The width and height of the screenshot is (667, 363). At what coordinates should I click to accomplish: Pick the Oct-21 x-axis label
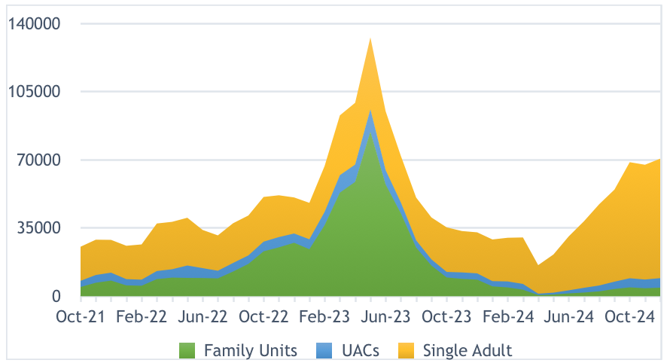80,316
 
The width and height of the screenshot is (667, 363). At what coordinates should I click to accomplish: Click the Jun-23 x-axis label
385,316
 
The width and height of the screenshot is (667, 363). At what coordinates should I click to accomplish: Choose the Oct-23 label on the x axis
446,316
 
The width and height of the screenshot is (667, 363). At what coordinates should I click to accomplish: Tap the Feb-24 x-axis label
507,316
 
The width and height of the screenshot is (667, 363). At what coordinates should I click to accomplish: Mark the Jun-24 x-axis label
568,316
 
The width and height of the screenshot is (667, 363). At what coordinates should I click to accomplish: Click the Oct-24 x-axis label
629,316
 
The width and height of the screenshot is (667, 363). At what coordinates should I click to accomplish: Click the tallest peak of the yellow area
370,38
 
